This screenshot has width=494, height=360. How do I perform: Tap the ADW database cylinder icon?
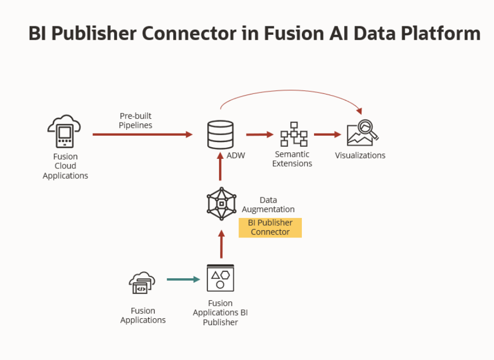click(221, 135)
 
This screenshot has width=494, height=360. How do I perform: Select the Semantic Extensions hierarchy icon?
click(293, 135)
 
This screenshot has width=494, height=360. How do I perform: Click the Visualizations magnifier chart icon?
click(363, 134)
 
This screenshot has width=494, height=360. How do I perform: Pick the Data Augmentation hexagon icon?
click(221, 204)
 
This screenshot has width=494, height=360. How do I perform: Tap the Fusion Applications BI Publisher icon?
click(220, 278)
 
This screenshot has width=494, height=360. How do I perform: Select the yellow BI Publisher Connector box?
click(270, 228)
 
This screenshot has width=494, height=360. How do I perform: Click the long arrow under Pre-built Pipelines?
click(142, 135)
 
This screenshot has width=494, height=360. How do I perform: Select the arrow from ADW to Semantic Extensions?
click(260, 135)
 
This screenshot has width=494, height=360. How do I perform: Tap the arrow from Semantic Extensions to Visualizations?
click(328, 135)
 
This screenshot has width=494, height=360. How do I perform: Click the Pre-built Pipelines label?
click(135, 120)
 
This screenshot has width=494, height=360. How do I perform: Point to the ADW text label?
click(235, 156)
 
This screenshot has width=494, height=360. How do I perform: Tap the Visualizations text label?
click(360, 155)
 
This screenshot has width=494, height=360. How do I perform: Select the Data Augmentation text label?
click(268, 205)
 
